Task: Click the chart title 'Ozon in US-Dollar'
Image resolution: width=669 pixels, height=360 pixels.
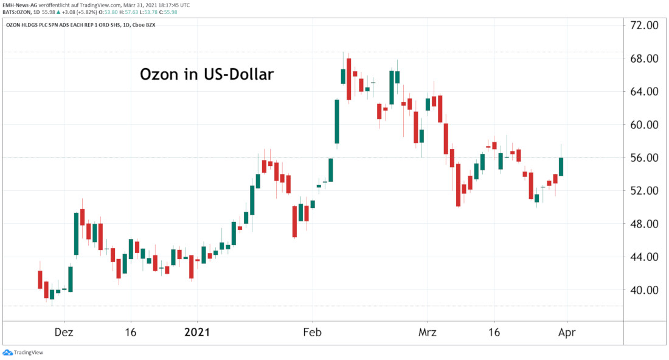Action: click(207, 74)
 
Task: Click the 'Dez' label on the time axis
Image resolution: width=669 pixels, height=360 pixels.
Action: click(64, 333)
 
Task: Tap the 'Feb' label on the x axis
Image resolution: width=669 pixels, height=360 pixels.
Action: click(313, 333)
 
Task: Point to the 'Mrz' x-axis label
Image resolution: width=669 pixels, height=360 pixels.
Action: click(428, 333)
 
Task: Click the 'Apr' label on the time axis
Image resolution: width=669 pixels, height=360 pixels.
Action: click(567, 333)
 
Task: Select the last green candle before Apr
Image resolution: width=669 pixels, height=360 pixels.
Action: click(561, 167)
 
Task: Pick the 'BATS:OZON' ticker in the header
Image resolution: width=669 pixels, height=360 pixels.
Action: click(16, 12)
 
